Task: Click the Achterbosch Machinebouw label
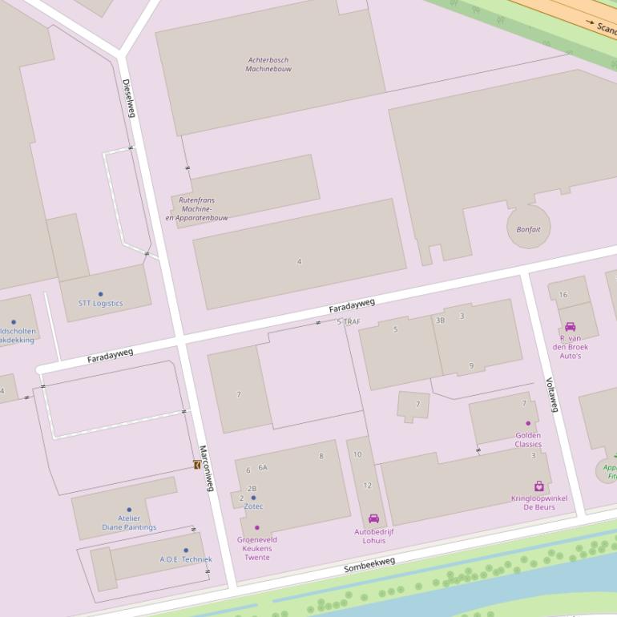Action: point(268,65)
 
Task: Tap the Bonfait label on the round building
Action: point(528,229)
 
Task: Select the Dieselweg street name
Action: point(128,98)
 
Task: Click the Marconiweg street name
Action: point(207,469)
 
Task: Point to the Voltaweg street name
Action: point(551,394)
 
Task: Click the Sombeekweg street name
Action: point(369,565)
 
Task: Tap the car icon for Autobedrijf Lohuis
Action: point(373,518)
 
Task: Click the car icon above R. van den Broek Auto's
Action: point(570,327)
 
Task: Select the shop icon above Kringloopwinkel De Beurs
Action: point(539,486)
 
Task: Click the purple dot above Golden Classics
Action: point(528,423)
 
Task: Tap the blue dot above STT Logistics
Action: point(100,294)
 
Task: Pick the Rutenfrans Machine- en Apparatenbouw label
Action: point(197,209)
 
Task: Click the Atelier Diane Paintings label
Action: point(129,522)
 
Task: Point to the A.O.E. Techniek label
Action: point(186,559)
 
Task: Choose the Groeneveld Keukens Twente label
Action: point(257,548)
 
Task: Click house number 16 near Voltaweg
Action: point(563,295)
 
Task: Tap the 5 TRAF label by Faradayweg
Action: point(349,321)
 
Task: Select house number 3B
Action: point(440,321)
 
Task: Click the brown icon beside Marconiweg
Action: point(197,465)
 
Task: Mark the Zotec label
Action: point(253,506)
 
